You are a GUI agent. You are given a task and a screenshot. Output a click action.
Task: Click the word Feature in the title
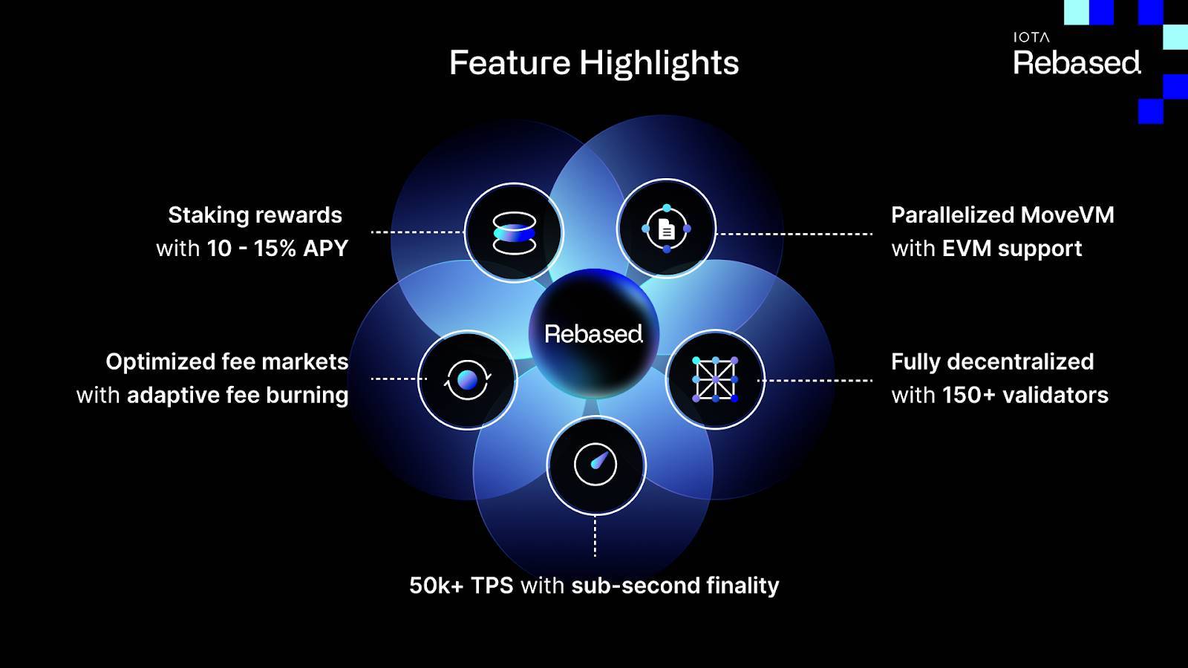pyautogui.click(x=509, y=62)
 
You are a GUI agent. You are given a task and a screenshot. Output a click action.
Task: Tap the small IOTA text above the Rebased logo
pyautogui.click(x=1031, y=37)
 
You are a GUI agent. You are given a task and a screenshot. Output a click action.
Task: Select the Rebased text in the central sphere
pyautogui.click(x=593, y=334)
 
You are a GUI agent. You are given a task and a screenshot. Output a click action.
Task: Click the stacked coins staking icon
pyautogui.click(x=514, y=233)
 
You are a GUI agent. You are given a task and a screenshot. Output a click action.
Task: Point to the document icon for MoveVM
pyautogui.click(x=667, y=230)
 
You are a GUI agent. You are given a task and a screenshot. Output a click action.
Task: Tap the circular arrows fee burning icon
pyautogui.click(x=467, y=379)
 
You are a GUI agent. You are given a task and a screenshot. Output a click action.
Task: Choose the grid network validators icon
pyautogui.click(x=715, y=379)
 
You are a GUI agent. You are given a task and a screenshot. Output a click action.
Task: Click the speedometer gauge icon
pyautogui.click(x=595, y=465)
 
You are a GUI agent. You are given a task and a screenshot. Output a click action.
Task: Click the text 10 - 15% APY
pyautogui.click(x=278, y=249)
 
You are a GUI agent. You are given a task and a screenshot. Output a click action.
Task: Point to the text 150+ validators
pyautogui.click(x=1025, y=395)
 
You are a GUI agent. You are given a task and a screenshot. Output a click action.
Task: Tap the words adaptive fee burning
pyautogui.click(x=238, y=396)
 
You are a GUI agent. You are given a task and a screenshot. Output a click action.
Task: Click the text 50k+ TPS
pyautogui.click(x=461, y=586)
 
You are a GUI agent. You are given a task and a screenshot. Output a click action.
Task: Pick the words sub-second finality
pyautogui.click(x=675, y=586)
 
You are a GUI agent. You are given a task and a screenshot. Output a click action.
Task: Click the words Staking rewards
pyautogui.click(x=255, y=215)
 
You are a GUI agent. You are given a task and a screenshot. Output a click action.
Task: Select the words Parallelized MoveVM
pyautogui.click(x=1002, y=215)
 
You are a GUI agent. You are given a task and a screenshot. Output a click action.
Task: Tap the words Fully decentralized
pyautogui.click(x=992, y=362)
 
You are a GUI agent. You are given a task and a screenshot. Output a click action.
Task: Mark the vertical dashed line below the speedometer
pyautogui.click(x=595, y=537)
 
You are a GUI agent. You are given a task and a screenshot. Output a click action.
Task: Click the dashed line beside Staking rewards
pyautogui.click(x=418, y=232)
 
